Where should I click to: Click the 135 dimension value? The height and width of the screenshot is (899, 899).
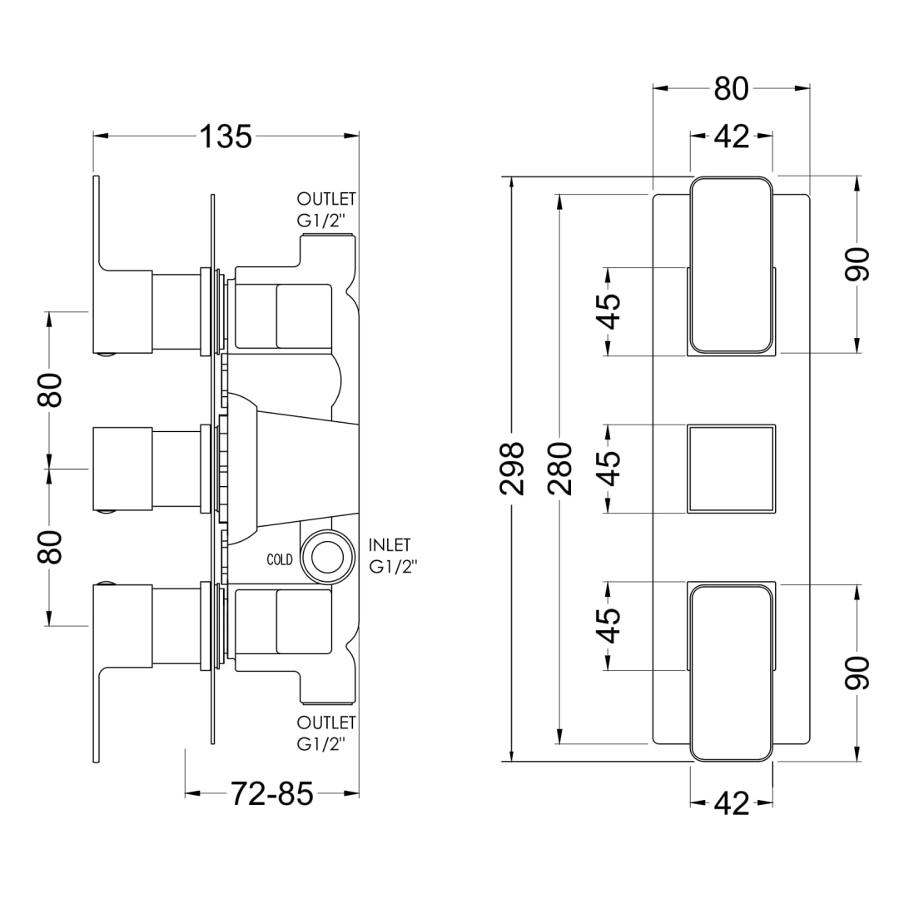(x=226, y=137)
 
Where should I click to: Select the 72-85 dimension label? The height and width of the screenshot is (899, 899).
(x=271, y=794)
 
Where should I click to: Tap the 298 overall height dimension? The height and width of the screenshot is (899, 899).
(x=512, y=469)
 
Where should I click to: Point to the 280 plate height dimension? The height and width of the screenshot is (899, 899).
(x=559, y=469)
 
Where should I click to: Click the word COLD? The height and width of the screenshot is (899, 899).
(x=280, y=559)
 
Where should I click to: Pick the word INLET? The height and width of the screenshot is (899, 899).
(x=390, y=544)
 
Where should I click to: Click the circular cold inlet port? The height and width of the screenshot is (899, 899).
(x=327, y=557)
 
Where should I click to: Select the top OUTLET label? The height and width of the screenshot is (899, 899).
(x=326, y=199)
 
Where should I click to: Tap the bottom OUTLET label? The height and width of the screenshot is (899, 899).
(x=326, y=722)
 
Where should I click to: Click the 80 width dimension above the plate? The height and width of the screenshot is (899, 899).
(x=732, y=89)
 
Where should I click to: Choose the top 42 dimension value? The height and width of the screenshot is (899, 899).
(x=733, y=137)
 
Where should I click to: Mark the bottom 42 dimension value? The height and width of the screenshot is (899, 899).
(x=733, y=803)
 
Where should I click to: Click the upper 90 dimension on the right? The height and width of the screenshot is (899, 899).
(x=857, y=265)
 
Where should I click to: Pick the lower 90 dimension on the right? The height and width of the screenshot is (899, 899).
(x=857, y=673)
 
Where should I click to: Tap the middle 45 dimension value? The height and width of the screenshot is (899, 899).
(x=610, y=469)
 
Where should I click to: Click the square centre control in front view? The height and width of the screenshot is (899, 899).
(x=732, y=469)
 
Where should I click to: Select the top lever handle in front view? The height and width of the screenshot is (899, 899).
(x=732, y=265)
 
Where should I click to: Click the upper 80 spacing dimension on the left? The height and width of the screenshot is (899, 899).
(x=51, y=390)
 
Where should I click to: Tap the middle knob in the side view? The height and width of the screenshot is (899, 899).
(x=122, y=469)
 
